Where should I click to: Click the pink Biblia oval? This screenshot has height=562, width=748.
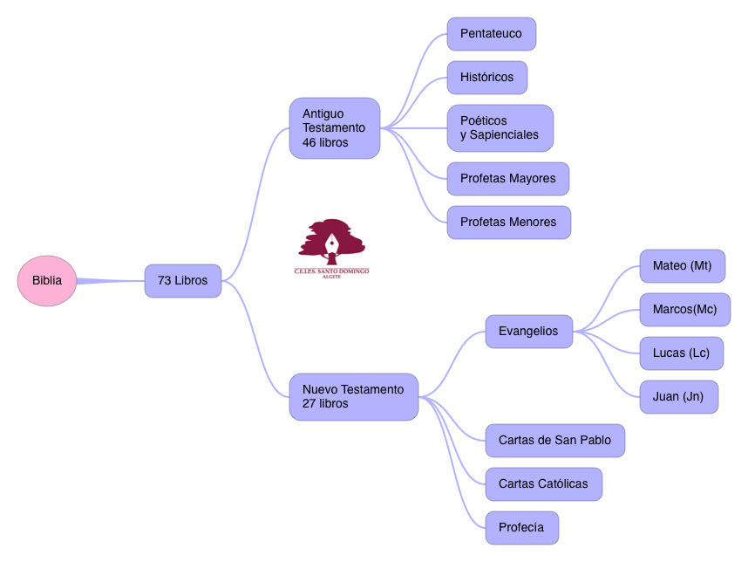point(47,281)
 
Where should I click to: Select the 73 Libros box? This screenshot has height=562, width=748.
point(182,281)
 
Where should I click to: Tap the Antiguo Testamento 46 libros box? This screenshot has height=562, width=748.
point(335,128)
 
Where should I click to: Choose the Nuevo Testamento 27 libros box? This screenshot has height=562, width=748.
point(354,397)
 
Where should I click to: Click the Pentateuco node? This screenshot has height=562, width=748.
point(491,34)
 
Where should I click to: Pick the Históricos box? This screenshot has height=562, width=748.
point(486,78)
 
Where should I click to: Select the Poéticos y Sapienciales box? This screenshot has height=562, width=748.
point(500,128)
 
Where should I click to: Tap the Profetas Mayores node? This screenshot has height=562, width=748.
point(507,179)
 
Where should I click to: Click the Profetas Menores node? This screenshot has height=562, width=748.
point(508,223)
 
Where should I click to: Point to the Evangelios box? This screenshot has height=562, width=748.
point(528,332)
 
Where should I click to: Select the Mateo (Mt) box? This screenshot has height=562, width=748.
point(682,266)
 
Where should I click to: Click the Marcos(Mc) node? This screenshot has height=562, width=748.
point(684,310)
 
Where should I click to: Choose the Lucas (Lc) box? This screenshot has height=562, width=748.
point(681,353)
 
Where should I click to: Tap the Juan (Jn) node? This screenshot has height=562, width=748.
point(678,397)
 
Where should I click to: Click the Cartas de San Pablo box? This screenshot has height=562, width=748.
point(554,441)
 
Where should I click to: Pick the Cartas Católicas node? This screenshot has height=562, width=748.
point(543,484)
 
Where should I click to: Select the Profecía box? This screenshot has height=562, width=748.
point(521,528)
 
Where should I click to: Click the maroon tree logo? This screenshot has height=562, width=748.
point(331,242)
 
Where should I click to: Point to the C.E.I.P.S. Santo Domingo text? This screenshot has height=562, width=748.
point(331,271)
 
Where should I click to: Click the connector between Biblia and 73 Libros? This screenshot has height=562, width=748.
point(111,281)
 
